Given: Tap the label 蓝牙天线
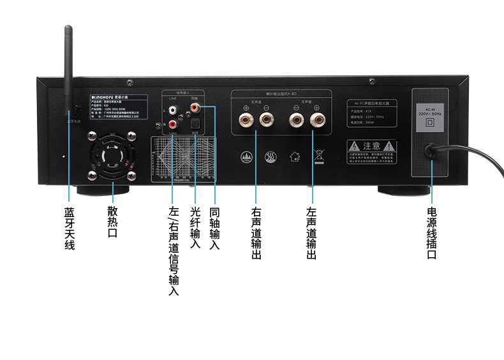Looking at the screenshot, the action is tap(69, 227).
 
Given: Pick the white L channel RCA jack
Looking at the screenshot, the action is tap(174, 111).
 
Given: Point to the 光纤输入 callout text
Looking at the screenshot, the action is tap(196, 227).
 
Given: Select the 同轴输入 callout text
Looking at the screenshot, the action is tap(214, 227).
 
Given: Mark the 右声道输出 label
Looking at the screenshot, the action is tap(256, 233).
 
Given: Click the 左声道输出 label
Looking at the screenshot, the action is tap(311, 233).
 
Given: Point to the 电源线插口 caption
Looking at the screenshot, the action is tap(432, 233).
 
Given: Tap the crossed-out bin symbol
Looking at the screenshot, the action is tap(317, 154).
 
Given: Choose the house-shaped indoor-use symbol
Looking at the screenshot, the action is tap(294, 154).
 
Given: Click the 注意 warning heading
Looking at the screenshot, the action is tap(371, 146).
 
